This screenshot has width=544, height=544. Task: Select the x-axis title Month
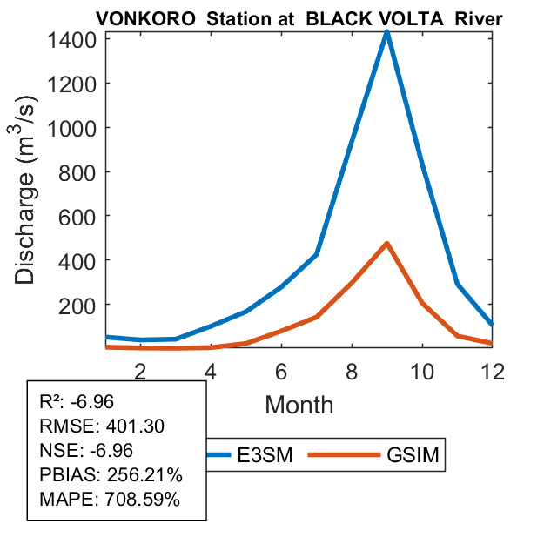(299, 404)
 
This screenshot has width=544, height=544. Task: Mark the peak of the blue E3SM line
(386, 33)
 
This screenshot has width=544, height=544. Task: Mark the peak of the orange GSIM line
(386, 244)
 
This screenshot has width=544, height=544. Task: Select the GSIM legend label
(413, 454)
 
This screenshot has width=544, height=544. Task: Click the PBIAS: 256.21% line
(111, 476)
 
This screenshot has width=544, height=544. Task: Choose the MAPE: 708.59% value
(111, 500)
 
